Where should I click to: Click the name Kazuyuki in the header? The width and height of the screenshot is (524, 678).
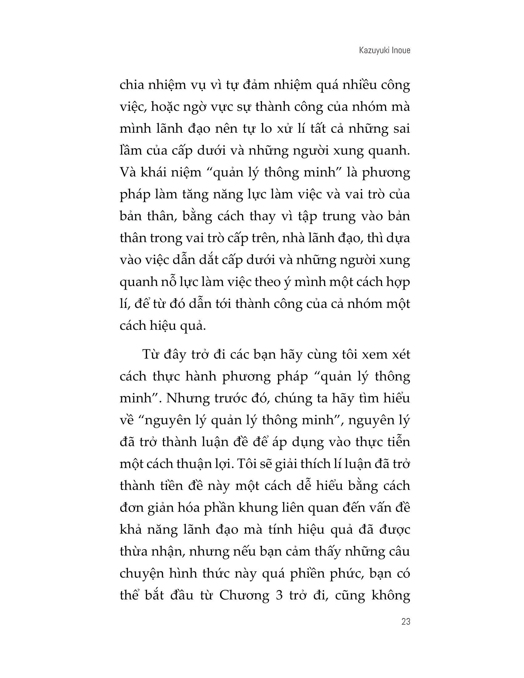click(372, 51)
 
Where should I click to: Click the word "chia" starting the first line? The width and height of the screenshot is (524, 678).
click(130, 85)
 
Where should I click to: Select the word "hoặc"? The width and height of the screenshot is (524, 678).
click(166, 107)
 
